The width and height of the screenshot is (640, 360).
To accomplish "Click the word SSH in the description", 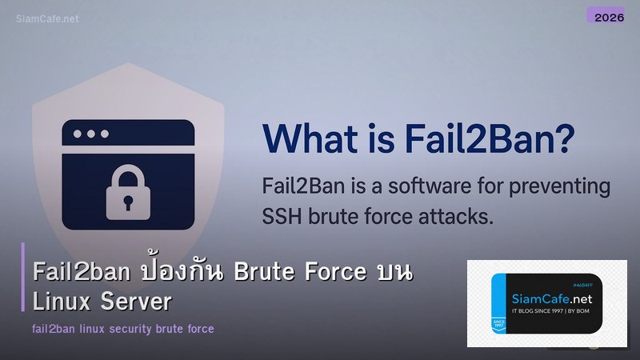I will click(x=280, y=215).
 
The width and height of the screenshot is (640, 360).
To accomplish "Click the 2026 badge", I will click(x=605, y=16).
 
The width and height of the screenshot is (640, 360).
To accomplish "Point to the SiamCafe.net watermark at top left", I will click(x=47, y=18).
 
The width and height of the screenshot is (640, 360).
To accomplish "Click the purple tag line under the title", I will click(x=123, y=329).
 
